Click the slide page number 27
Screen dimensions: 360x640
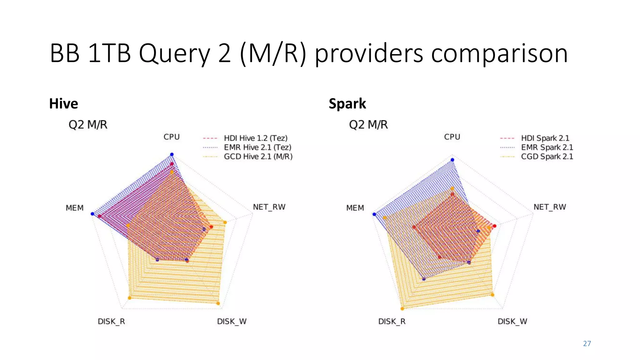point(587,344)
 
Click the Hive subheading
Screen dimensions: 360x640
point(63,103)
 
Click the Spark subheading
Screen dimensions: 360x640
point(347,103)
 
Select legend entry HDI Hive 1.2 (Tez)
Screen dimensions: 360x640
point(255,138)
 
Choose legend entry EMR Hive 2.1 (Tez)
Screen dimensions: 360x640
point(257,147)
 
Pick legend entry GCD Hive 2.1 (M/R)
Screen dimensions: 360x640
point(258,157)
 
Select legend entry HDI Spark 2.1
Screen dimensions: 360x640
point(545,138)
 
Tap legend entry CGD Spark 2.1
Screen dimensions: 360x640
point(547,157)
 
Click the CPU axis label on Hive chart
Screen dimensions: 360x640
point(172,137)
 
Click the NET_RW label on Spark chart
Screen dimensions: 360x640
point(550,207)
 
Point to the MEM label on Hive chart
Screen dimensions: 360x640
point(75,208)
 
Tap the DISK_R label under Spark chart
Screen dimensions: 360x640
point(392,322)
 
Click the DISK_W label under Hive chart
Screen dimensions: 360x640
point(232,322)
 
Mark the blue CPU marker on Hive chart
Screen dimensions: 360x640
point(172,154)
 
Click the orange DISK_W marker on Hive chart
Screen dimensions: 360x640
point(218,303)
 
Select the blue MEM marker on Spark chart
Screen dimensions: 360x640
point(374,214)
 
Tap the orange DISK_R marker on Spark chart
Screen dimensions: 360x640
point(402,309)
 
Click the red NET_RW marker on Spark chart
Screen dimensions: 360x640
point(494,226)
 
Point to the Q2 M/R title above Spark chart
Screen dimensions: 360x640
point(368,125)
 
